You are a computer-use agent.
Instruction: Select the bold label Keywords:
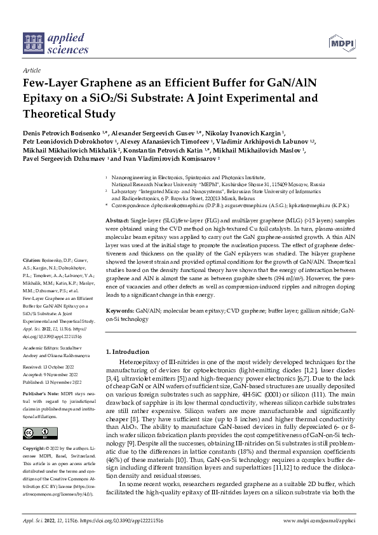tap(119, 311)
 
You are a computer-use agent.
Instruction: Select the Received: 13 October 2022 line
tap(49, 367)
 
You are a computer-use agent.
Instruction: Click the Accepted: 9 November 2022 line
tap(50, 374)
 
